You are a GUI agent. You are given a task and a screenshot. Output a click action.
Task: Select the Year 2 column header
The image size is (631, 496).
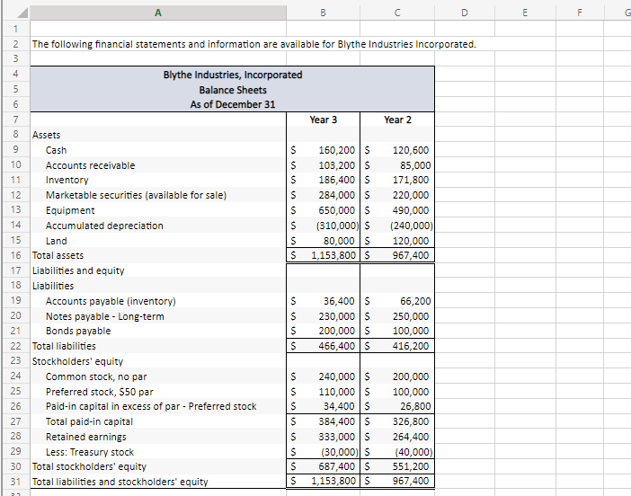point(397,120)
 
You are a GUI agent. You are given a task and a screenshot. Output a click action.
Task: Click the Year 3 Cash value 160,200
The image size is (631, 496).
point(336,150)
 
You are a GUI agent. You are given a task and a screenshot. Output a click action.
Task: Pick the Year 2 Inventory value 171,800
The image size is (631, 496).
point(412,181)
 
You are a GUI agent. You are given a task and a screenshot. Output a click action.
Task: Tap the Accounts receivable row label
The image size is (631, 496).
point(90,165)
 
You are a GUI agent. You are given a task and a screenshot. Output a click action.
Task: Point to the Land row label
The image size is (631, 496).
point(57,241)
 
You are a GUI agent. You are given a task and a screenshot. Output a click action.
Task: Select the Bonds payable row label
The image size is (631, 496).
point(78,331)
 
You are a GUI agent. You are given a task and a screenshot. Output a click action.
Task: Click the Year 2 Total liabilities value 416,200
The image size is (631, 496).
point(411,346)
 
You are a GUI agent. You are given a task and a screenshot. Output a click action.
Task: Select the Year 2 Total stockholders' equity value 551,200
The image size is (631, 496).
point(411,467)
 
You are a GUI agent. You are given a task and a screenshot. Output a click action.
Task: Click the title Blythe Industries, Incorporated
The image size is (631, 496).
point(232,75)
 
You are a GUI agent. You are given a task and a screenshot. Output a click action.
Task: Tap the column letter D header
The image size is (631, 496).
point(465,10)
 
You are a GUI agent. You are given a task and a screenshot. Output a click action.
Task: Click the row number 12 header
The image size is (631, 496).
point(14,195)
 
